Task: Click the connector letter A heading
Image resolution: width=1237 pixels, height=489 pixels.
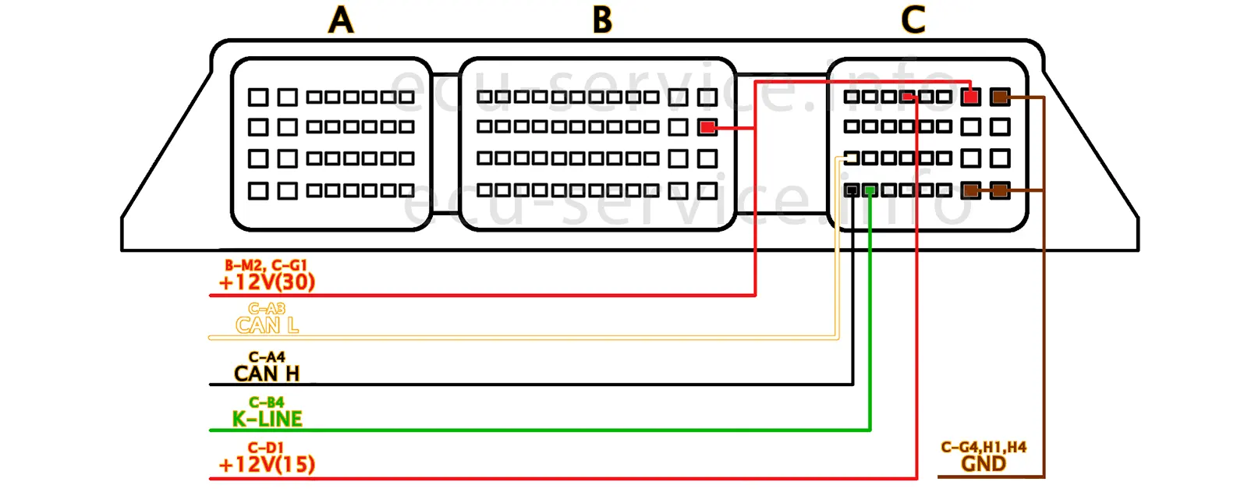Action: pos(341,20)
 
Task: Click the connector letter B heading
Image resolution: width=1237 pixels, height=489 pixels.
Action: pos(602,20)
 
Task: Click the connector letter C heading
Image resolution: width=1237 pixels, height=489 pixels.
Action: pos(913,20)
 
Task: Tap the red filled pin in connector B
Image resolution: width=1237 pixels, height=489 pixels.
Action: pos(707,127)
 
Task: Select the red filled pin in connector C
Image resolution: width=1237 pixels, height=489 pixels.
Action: pos(970,97)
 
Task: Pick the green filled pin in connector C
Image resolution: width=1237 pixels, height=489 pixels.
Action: pos(870,190)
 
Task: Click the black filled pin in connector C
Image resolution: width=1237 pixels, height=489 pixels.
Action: pos(852,190)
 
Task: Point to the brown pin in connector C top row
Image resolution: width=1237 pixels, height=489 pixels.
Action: pos(1000,97)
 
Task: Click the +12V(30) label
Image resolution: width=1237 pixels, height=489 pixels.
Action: pos(267,282)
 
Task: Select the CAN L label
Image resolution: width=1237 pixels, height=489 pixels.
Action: pos(267,325)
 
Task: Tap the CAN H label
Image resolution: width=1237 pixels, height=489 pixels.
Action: pos(267,374)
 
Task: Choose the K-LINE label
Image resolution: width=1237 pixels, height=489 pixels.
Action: pos(267,419)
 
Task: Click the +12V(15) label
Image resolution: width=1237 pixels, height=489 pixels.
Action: pos(267,465)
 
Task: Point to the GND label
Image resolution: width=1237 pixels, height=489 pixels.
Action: pos(984,464)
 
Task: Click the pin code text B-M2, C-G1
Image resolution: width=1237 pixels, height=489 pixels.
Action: pos(266,265)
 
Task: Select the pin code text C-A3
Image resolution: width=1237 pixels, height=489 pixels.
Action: pos(267,309)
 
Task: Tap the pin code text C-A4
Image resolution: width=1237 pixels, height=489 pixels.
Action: pos(267,357)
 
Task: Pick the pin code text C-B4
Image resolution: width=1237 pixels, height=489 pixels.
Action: pos(267,402)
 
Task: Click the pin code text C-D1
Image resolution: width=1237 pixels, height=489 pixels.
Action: pos(267,448)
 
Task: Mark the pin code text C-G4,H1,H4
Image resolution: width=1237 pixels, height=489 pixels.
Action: pos(984,447)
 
